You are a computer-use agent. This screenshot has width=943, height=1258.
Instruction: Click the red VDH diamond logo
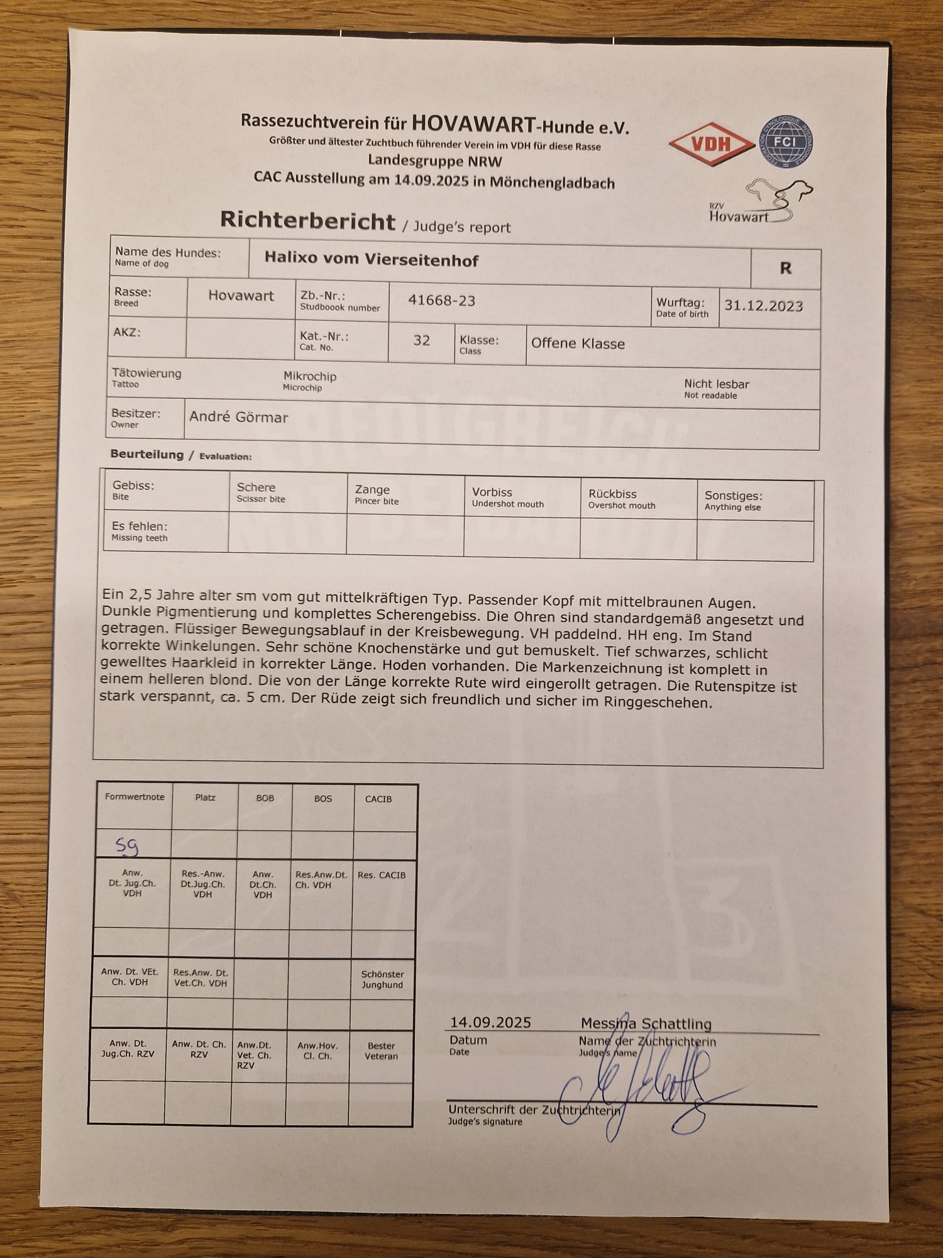click(711, 144)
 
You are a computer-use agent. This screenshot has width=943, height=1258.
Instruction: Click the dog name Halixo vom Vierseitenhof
click(371, 259)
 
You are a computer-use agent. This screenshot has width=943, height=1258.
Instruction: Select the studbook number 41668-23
click(441, 301)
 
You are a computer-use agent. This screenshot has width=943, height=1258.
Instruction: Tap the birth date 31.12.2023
click(763, 306)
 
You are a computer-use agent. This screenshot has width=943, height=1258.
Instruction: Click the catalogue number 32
click(421, 341)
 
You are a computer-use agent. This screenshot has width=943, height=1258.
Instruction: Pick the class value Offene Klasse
click(578, 343)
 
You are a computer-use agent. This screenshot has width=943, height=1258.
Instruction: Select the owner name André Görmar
click(238, 417)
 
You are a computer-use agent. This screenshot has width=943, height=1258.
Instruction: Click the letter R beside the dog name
click(785, 269)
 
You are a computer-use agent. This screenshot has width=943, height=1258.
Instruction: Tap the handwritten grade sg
click(127, 847)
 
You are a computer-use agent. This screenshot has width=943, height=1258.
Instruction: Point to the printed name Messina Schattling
click(646, 1023)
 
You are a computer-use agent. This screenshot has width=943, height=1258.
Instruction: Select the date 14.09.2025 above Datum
click(490, 1022)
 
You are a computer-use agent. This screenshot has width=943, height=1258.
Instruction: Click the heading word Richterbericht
click(307, 221)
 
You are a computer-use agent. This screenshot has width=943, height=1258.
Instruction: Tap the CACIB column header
click(378, 799)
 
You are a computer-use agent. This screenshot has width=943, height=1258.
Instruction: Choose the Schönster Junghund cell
click(382, 979)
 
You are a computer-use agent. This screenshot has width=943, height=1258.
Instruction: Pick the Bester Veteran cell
click(381, 1050)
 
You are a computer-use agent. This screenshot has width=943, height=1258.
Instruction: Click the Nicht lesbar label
click(716, 384)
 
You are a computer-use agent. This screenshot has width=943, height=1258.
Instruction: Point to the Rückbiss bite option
click(612, 494)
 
